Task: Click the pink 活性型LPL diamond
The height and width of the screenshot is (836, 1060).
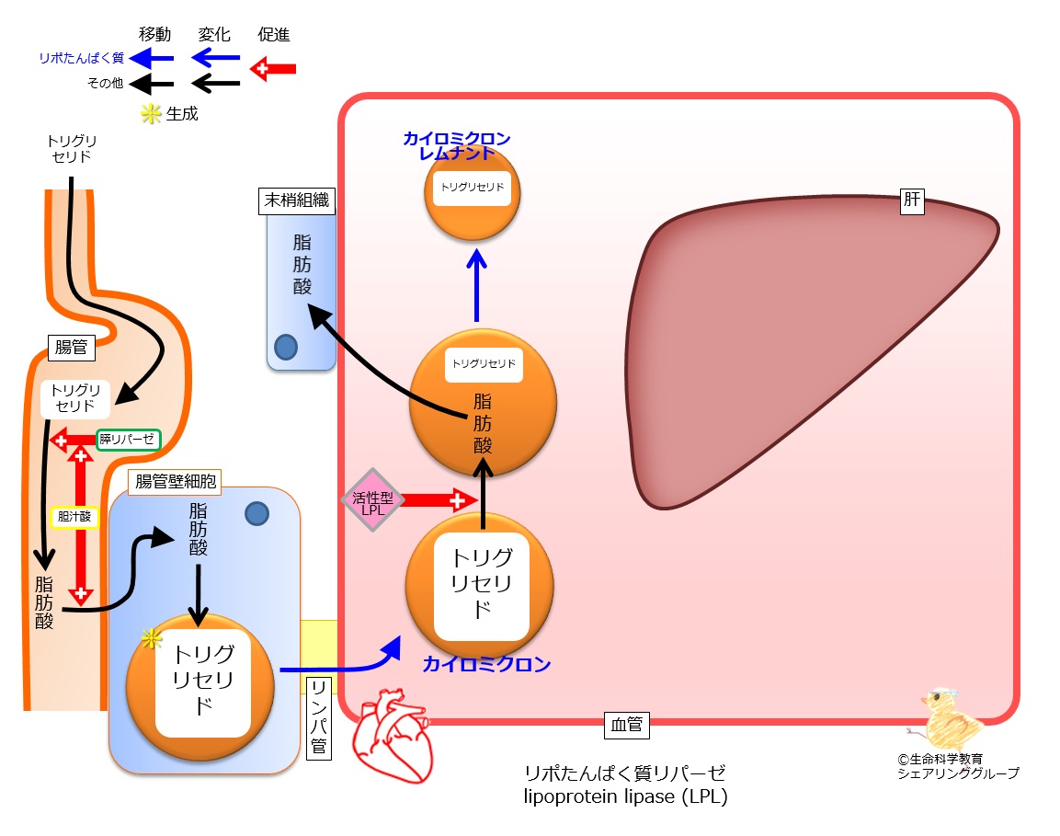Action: (372, 499)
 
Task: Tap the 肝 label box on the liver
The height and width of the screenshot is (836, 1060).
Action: (912, 200)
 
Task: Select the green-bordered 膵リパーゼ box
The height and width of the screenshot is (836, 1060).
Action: (127, 440)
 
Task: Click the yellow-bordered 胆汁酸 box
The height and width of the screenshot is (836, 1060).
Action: (74, 518)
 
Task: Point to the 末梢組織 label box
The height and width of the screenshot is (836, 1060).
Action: (297, 200)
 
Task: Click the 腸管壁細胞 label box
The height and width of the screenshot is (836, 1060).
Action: (175, 482)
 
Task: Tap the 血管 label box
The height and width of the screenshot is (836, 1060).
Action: (627, 725)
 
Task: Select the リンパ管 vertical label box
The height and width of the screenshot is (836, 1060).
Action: (319, 717)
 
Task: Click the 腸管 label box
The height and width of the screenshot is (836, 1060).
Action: (71, 348)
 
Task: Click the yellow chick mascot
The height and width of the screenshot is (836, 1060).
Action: (946, 719)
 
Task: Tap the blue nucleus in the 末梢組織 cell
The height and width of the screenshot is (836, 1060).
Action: (286, 348)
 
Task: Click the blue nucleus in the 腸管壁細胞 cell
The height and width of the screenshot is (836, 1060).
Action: (256, 514)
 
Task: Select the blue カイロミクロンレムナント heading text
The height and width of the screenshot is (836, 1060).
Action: (457, 145)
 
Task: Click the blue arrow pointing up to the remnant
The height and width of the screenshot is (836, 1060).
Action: (476, 285)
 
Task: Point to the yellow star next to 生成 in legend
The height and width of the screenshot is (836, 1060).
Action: (150, 114)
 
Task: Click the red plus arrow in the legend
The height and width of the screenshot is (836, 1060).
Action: (273, 68)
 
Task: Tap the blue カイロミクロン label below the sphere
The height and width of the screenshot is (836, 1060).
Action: (486, 664)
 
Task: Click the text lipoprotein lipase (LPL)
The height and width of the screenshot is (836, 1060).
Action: (625, 796)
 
